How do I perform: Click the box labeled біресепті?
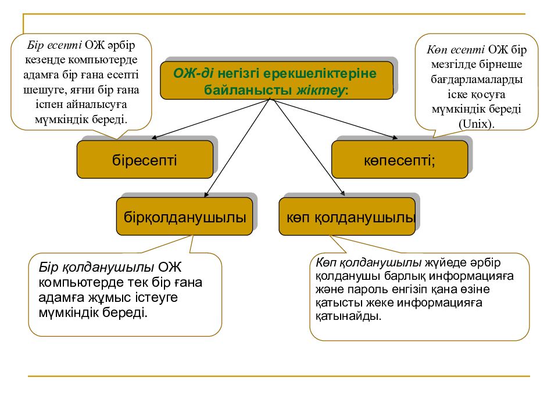145,159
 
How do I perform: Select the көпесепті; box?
400,159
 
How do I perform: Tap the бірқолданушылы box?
184,217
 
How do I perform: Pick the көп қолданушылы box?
347,217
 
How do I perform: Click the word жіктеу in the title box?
320,90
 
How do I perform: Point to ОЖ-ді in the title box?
193,73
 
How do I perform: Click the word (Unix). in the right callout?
477,124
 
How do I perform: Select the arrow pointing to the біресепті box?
211,118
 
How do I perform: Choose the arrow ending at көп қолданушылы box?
308,147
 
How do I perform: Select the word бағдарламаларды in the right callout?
477,79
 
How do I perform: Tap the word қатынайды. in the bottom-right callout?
348,316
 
